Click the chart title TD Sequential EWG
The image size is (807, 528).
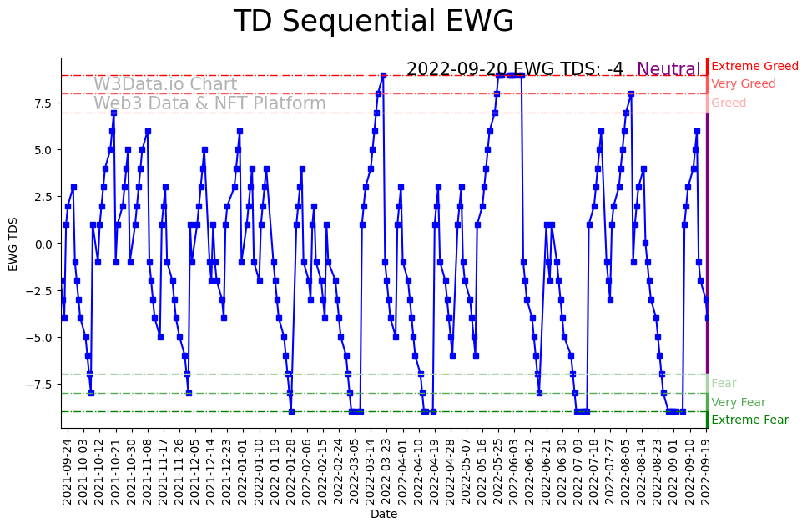[x=373, y=22]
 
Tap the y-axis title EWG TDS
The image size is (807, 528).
[x=13, y=243]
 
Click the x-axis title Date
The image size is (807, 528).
[x=384, y=515]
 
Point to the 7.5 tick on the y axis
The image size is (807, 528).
[x=43, y=103]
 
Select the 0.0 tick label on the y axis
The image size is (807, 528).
[x=43, y=244]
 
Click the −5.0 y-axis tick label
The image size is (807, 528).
[x=41, y=338]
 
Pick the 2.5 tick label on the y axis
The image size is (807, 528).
[x=43, y=197]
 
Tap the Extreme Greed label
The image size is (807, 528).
[x=754, y=66]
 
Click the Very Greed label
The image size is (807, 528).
[x=743, y=84]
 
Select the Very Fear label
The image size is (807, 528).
[x=738, y=402]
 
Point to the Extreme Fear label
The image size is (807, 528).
[x=749, y=420]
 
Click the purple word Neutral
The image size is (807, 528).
[x=668, y=69]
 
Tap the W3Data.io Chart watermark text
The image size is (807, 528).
[x=165, y=84]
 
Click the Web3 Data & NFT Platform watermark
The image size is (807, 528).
[x=209, y=103]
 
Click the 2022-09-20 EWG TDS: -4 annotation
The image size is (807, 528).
[x=514, y=69]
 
